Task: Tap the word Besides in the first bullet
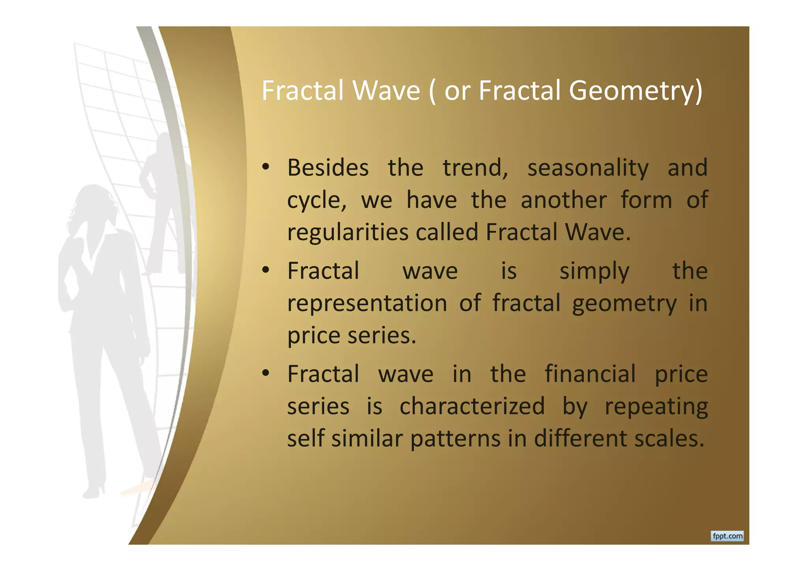tap(328, 168)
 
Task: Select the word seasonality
tap(588, 168)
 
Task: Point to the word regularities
tap(348, 232)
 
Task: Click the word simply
tap(594, 272)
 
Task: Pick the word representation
tap(367, 304)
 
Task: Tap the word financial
tap(590, 374)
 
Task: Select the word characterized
tap(472, 406)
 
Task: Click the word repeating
tap(656, 406)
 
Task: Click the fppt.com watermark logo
tap(727, 536)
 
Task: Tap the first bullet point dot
tap(266, 167)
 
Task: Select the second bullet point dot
tap(266, 271)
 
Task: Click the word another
tap(563, 200)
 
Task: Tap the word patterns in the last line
tap(455, 439)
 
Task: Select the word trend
tap(475, 168)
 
